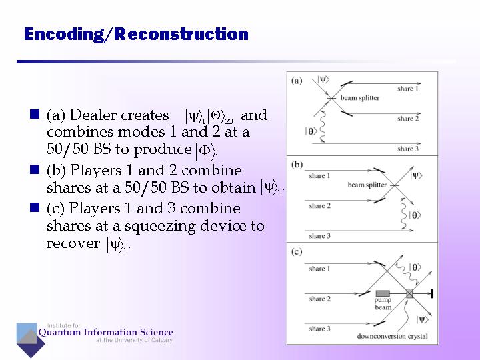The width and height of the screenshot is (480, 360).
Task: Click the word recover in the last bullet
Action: pos(73,243)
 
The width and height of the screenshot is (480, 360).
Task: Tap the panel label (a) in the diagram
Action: pos(297,81)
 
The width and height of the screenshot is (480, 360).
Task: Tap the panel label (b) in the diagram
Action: pos(297,164)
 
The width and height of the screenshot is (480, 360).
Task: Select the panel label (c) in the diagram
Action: pos(297,251)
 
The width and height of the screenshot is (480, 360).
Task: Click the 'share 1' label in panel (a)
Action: pos(408,89)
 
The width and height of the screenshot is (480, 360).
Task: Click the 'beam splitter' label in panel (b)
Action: pos(366,185)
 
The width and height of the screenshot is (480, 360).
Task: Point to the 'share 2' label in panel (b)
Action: pos(319,206)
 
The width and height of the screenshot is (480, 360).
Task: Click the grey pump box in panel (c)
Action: pos(383,293)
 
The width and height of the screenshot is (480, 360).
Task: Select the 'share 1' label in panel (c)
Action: pos(319,269)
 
